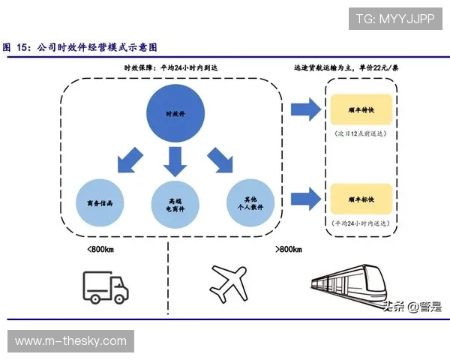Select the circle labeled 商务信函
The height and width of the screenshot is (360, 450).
click(x=100, y=202)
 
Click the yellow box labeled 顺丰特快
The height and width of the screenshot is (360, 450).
click(x=361, y=109)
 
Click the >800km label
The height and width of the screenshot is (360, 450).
click(x=288, y=249)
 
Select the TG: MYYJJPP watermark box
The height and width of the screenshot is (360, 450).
click(x=395, y=17)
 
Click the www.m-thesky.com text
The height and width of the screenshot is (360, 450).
click(x=71, y=341)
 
